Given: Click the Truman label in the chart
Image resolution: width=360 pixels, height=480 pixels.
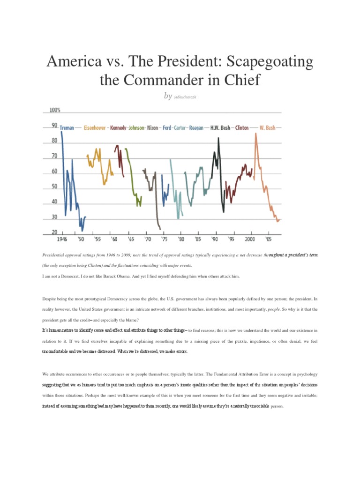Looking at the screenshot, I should [67, 128].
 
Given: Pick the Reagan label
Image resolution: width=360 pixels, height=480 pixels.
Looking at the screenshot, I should [196, 128].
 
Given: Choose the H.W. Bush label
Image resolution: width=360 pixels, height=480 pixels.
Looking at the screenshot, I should [220, 128].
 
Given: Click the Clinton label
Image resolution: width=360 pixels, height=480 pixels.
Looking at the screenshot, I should [242, 128].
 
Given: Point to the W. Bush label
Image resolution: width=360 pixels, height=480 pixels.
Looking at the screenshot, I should [267, 128].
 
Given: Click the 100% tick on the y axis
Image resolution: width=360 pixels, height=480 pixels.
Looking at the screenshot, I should [55, 111].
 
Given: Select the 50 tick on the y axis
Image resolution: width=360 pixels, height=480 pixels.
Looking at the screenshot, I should [54, 187].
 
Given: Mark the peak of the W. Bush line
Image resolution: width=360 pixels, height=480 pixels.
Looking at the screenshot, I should [255, 133].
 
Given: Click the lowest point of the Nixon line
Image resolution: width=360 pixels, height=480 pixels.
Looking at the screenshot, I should [160, 229].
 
